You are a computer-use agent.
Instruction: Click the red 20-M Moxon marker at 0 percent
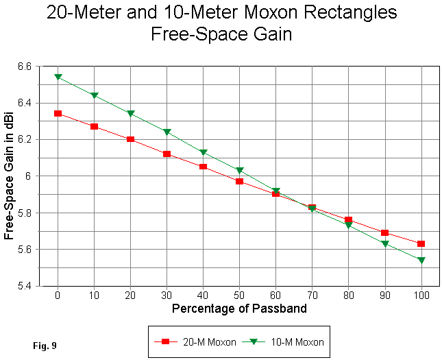58,113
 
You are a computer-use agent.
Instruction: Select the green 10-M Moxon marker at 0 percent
58,77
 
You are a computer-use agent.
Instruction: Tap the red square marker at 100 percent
421,243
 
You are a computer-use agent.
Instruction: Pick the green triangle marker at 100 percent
421,260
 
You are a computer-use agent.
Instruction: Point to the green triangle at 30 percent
167,132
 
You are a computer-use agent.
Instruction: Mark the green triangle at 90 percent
385,243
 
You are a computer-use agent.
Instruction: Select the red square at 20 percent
130,139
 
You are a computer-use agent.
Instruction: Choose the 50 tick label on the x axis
239,296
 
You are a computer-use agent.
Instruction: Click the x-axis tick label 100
421,296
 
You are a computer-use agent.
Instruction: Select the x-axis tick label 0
58,296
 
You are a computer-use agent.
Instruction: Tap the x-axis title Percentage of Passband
239,309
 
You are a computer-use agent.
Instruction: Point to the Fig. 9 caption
45,346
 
